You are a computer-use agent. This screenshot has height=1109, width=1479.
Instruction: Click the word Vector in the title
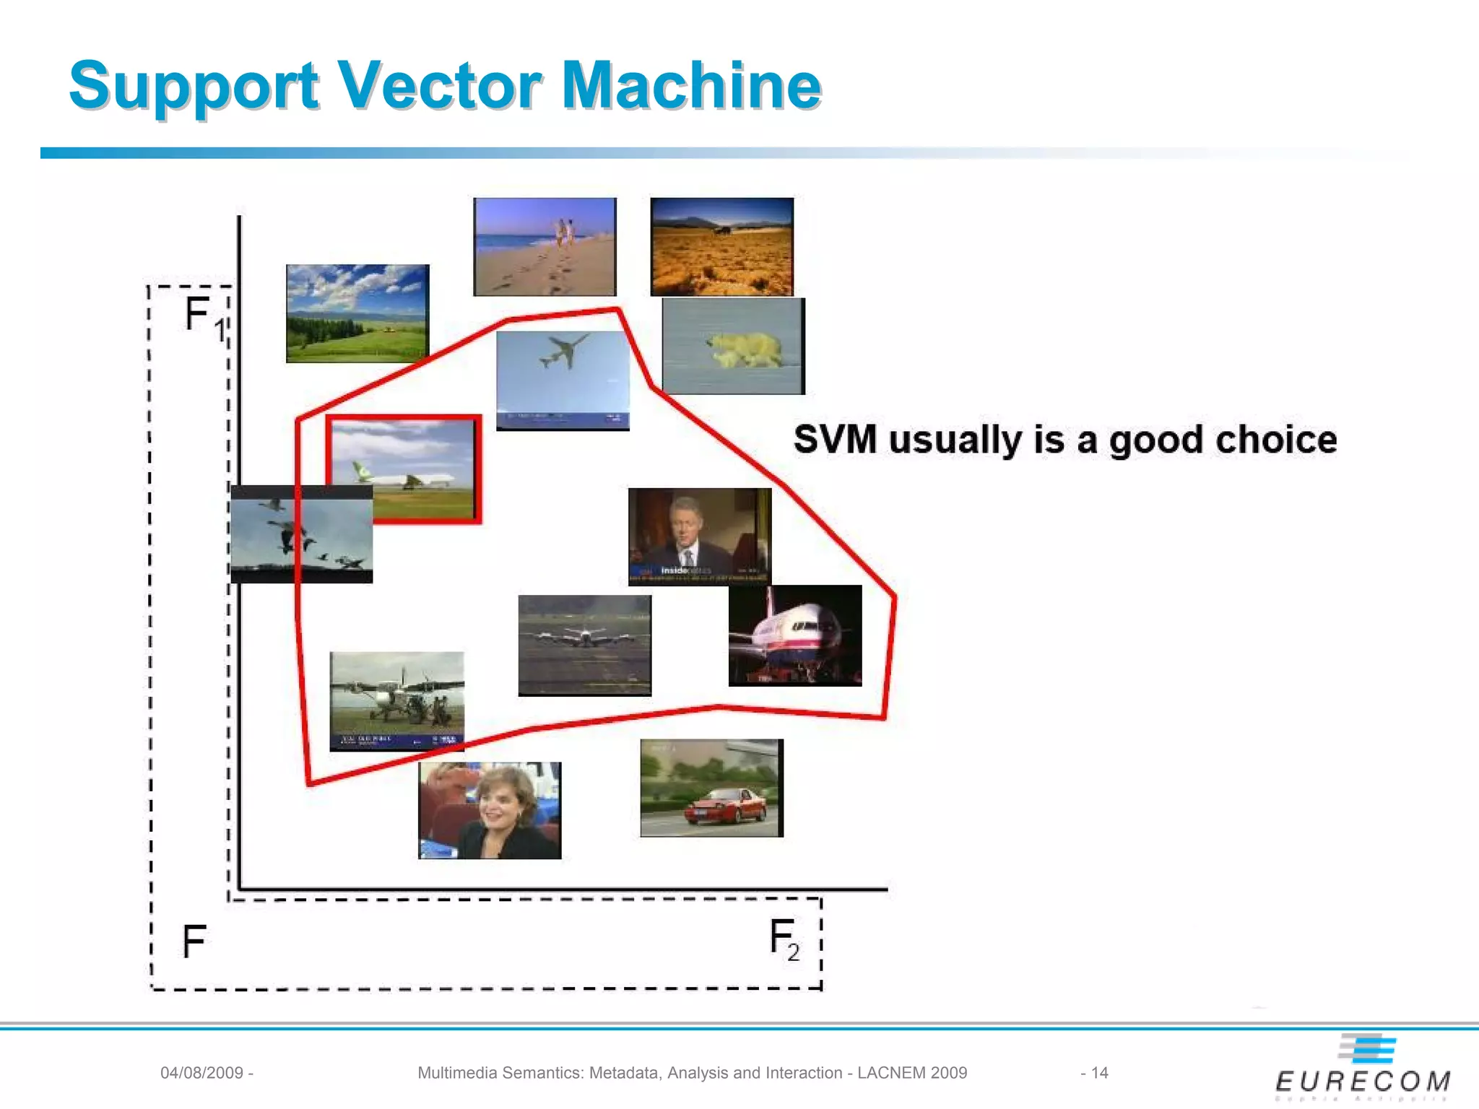(441, 87)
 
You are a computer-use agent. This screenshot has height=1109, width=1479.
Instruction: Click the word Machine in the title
(691, 87)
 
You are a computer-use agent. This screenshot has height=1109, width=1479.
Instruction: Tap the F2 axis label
(784, 939)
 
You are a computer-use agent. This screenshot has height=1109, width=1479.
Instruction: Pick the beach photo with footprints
(545, 247)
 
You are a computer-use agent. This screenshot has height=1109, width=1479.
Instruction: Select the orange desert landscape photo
(721, 247)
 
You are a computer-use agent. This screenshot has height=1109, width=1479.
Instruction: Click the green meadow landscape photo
(357, 313)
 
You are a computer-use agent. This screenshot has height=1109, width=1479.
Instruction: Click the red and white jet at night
(794, 635)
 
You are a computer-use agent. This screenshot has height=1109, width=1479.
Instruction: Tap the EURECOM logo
(1363, 1069)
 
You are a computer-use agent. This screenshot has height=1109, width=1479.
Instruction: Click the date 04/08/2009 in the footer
(201, 1073)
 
